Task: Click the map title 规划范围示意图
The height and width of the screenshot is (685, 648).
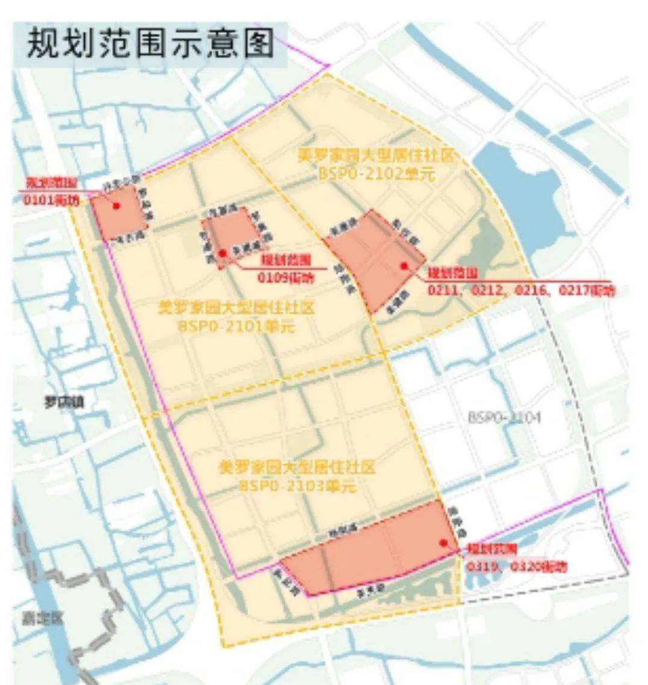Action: [x=150, y=44]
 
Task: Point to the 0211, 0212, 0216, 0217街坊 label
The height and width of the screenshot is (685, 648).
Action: [x=521, y=290]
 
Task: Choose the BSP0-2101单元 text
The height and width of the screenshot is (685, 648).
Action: [x=236, y=327]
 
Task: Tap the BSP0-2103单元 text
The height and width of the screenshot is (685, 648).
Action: [x=297, y=485]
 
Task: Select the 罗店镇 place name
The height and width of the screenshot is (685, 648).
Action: [x=63, y=402]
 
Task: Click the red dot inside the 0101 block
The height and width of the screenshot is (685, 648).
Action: [x=116, y=206]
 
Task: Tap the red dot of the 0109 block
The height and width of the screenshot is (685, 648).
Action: [x=223, y=253]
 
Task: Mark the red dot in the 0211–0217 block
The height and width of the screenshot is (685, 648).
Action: [x=404, y=265]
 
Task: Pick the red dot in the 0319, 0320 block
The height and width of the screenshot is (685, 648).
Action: [x=443, y=542]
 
